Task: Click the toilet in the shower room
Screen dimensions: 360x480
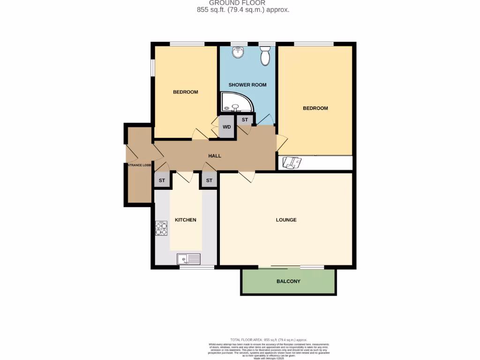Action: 265,56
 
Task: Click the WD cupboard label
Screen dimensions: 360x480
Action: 227,127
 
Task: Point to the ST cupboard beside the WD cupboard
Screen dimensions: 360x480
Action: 245,120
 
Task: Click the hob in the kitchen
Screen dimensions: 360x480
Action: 161,227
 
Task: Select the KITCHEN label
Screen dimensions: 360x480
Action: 186,220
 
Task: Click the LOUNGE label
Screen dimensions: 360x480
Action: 286,220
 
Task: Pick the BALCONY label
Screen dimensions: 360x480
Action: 288,281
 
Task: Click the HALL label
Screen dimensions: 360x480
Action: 215,156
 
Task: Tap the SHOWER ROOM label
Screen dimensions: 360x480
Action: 247,85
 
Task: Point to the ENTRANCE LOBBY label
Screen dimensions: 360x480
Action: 137,165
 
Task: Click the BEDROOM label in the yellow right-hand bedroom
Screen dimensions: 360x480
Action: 315,108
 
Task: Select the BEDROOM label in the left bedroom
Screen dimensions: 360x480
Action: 186,92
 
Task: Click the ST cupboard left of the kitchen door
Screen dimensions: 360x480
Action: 162,180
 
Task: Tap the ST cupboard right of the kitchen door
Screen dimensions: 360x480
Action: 209,180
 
